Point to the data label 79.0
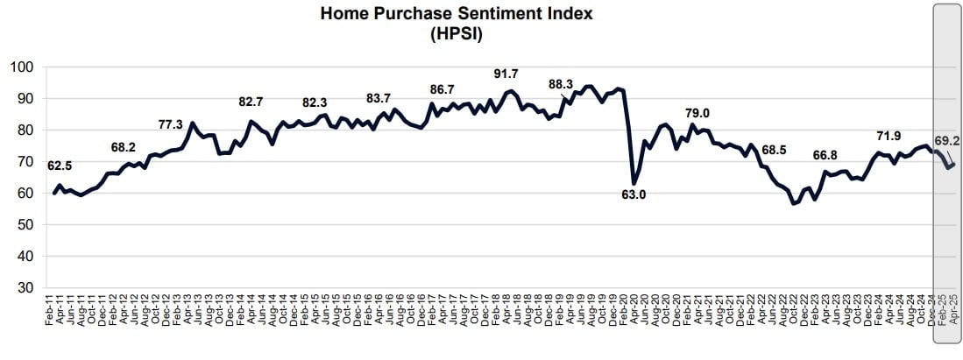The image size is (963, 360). [x=703, y=112]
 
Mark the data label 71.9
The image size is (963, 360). [x=893, y=136]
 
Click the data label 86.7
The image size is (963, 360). [x=443, y=89]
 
